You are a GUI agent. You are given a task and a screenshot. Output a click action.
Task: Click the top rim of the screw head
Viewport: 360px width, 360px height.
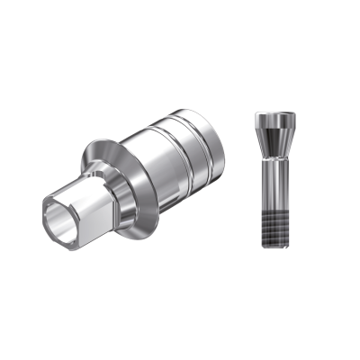point(274,116)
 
